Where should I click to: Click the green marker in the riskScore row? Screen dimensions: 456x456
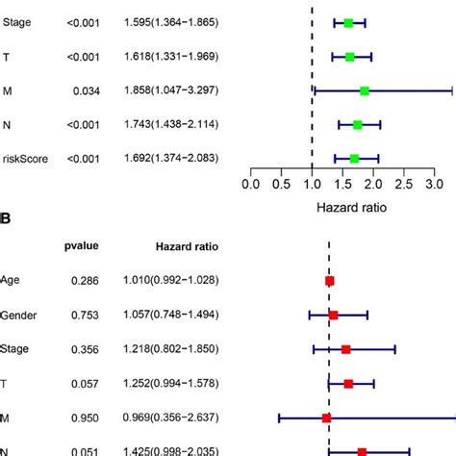pyautogui.click(x=355, y=159)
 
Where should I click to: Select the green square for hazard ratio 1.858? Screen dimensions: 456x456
pyautogui.click(x=364, y=90)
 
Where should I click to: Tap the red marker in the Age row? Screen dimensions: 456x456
pyautogui.click(x=330, y=281)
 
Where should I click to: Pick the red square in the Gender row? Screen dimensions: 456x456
pyautogui.click(x=333, y=315)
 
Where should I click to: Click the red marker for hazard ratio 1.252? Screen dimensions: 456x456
pyautogui.click(x=348, y=384)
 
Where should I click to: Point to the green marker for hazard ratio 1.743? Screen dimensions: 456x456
pyautogui.click(x=358, y=125)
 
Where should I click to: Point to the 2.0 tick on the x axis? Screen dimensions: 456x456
pyautogui.click(x=372, y=181)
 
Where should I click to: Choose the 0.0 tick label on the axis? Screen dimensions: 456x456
pyautogui.click(x=251, y=181)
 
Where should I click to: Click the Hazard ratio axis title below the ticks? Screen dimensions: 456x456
pyautogui.click(x=342, y=206)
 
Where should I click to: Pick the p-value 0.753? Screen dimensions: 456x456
pyautogui.click(x=84, y=315)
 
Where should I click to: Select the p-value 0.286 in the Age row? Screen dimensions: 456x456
pyautogui.click(x=84, y=281)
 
